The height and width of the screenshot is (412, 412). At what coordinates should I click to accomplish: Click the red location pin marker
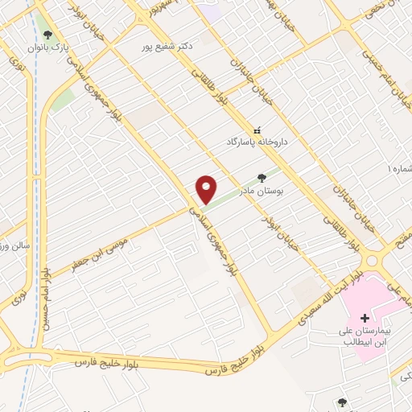tap(206, 190)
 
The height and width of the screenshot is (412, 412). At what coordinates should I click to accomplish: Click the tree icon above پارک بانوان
tap(48, 35)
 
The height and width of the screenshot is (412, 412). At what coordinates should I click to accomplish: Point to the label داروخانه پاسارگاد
tap(257, 142)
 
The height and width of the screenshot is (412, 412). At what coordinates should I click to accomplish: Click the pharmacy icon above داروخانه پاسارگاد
tap(257, 130)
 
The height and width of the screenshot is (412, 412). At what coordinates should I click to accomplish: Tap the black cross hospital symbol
tap(364, 319)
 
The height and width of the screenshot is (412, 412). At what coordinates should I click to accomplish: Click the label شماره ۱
tap(399, 170)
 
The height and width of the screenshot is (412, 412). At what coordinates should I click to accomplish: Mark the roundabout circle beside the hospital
tap(373, 262)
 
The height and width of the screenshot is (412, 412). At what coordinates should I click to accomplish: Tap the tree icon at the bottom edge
tap(343, 403)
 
